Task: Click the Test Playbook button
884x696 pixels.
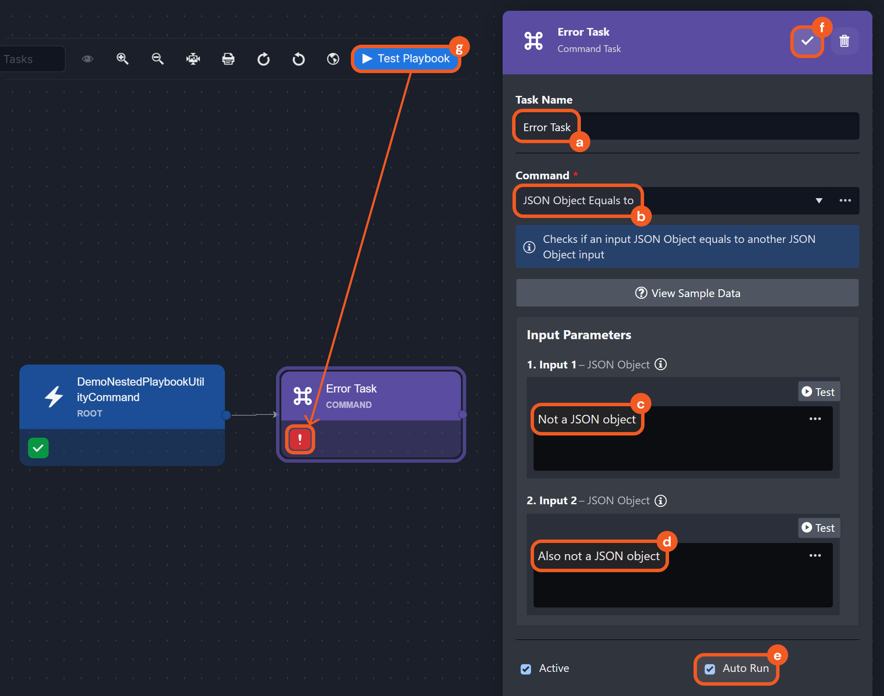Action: click(x=406, y=58)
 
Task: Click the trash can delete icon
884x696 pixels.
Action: click(x=844, y=41)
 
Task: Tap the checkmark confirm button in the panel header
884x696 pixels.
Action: click(x=807, y=41)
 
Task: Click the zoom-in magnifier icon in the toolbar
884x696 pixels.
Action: click(x=123, y=59)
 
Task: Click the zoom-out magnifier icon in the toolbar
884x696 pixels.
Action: click(x=158, y=59)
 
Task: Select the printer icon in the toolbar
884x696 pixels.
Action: click(x=228, y=59)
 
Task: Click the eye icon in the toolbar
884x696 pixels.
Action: click(x=87, y=59)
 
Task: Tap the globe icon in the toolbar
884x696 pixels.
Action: click(x=333, y=59)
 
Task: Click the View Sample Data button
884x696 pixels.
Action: click(x=687, y=293)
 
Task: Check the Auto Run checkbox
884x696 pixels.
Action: click(x=710, y=669)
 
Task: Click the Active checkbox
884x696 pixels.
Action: click(x=526, y=669)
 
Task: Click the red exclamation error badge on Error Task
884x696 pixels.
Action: click(x=300, y=439)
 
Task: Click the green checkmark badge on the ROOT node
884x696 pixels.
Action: click(x=38, y=448)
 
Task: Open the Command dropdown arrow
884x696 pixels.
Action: click(x=819, y=201)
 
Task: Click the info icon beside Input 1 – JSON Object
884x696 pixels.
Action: click(x=660, y=365)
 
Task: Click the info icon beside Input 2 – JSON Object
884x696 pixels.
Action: click(x=660, y=501)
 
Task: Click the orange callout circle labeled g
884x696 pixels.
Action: click(x=459, y=47)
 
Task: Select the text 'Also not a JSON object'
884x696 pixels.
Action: click(x=599, y=556)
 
